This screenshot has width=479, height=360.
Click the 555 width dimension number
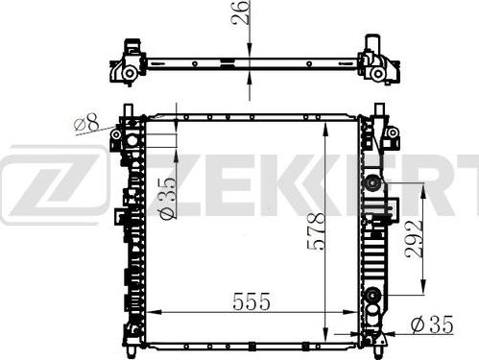[251, 301]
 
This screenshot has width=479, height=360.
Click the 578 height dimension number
[316, 231]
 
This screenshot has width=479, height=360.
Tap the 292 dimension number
[413, 239]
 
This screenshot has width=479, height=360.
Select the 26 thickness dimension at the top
[240, 12]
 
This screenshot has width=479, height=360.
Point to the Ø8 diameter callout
[86, 123]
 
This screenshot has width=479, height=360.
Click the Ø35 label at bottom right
[432, 324]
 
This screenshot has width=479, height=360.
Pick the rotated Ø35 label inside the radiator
[168, 198]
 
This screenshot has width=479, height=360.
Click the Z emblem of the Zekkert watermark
[54, 184]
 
